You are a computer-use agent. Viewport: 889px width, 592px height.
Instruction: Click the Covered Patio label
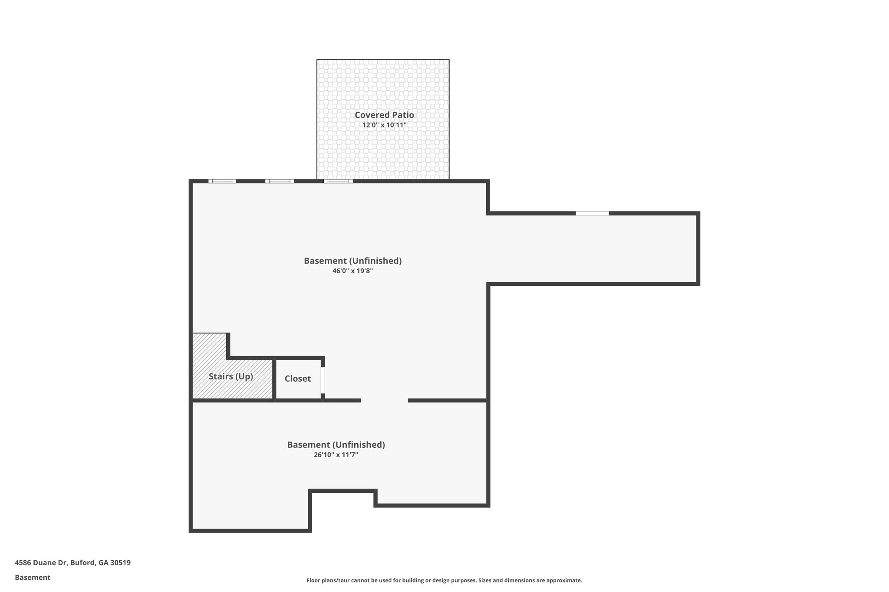coord(384,115)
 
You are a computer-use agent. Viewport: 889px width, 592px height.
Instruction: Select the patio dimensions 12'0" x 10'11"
coord(384,125)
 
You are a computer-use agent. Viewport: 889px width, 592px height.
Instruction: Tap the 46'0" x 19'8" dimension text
coord(352,271)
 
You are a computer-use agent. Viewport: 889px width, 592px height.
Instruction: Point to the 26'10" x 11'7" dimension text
coord(336,455)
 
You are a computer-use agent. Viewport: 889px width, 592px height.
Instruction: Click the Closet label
coord(298,379)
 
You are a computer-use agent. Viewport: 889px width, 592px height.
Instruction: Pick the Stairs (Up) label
coord(230,376)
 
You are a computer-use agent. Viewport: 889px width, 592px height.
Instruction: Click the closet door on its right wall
coord(323,380)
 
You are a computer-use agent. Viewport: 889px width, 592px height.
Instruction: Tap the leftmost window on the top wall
coord(222,181)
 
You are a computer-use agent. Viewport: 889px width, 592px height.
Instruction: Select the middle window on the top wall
coord(279,181)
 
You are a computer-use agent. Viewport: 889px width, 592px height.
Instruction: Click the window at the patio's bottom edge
coord(338,181)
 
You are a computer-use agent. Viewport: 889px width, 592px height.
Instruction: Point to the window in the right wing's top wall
coord(592,213)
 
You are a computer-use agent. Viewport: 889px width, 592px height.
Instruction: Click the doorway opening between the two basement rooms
coord(384,400)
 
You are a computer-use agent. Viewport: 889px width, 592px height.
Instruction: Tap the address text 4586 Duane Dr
coord(72,563)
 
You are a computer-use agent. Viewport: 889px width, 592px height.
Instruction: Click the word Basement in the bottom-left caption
coord(33,578)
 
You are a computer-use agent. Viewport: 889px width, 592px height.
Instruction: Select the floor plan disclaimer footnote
coord(444,580)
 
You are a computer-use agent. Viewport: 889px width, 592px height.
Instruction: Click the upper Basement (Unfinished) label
coord(352,261)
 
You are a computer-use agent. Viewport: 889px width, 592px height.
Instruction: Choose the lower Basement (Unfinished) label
coord(336,445)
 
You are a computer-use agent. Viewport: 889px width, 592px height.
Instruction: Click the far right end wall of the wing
coord(698,249)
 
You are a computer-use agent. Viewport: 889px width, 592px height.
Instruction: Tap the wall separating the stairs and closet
coord(274,379)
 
